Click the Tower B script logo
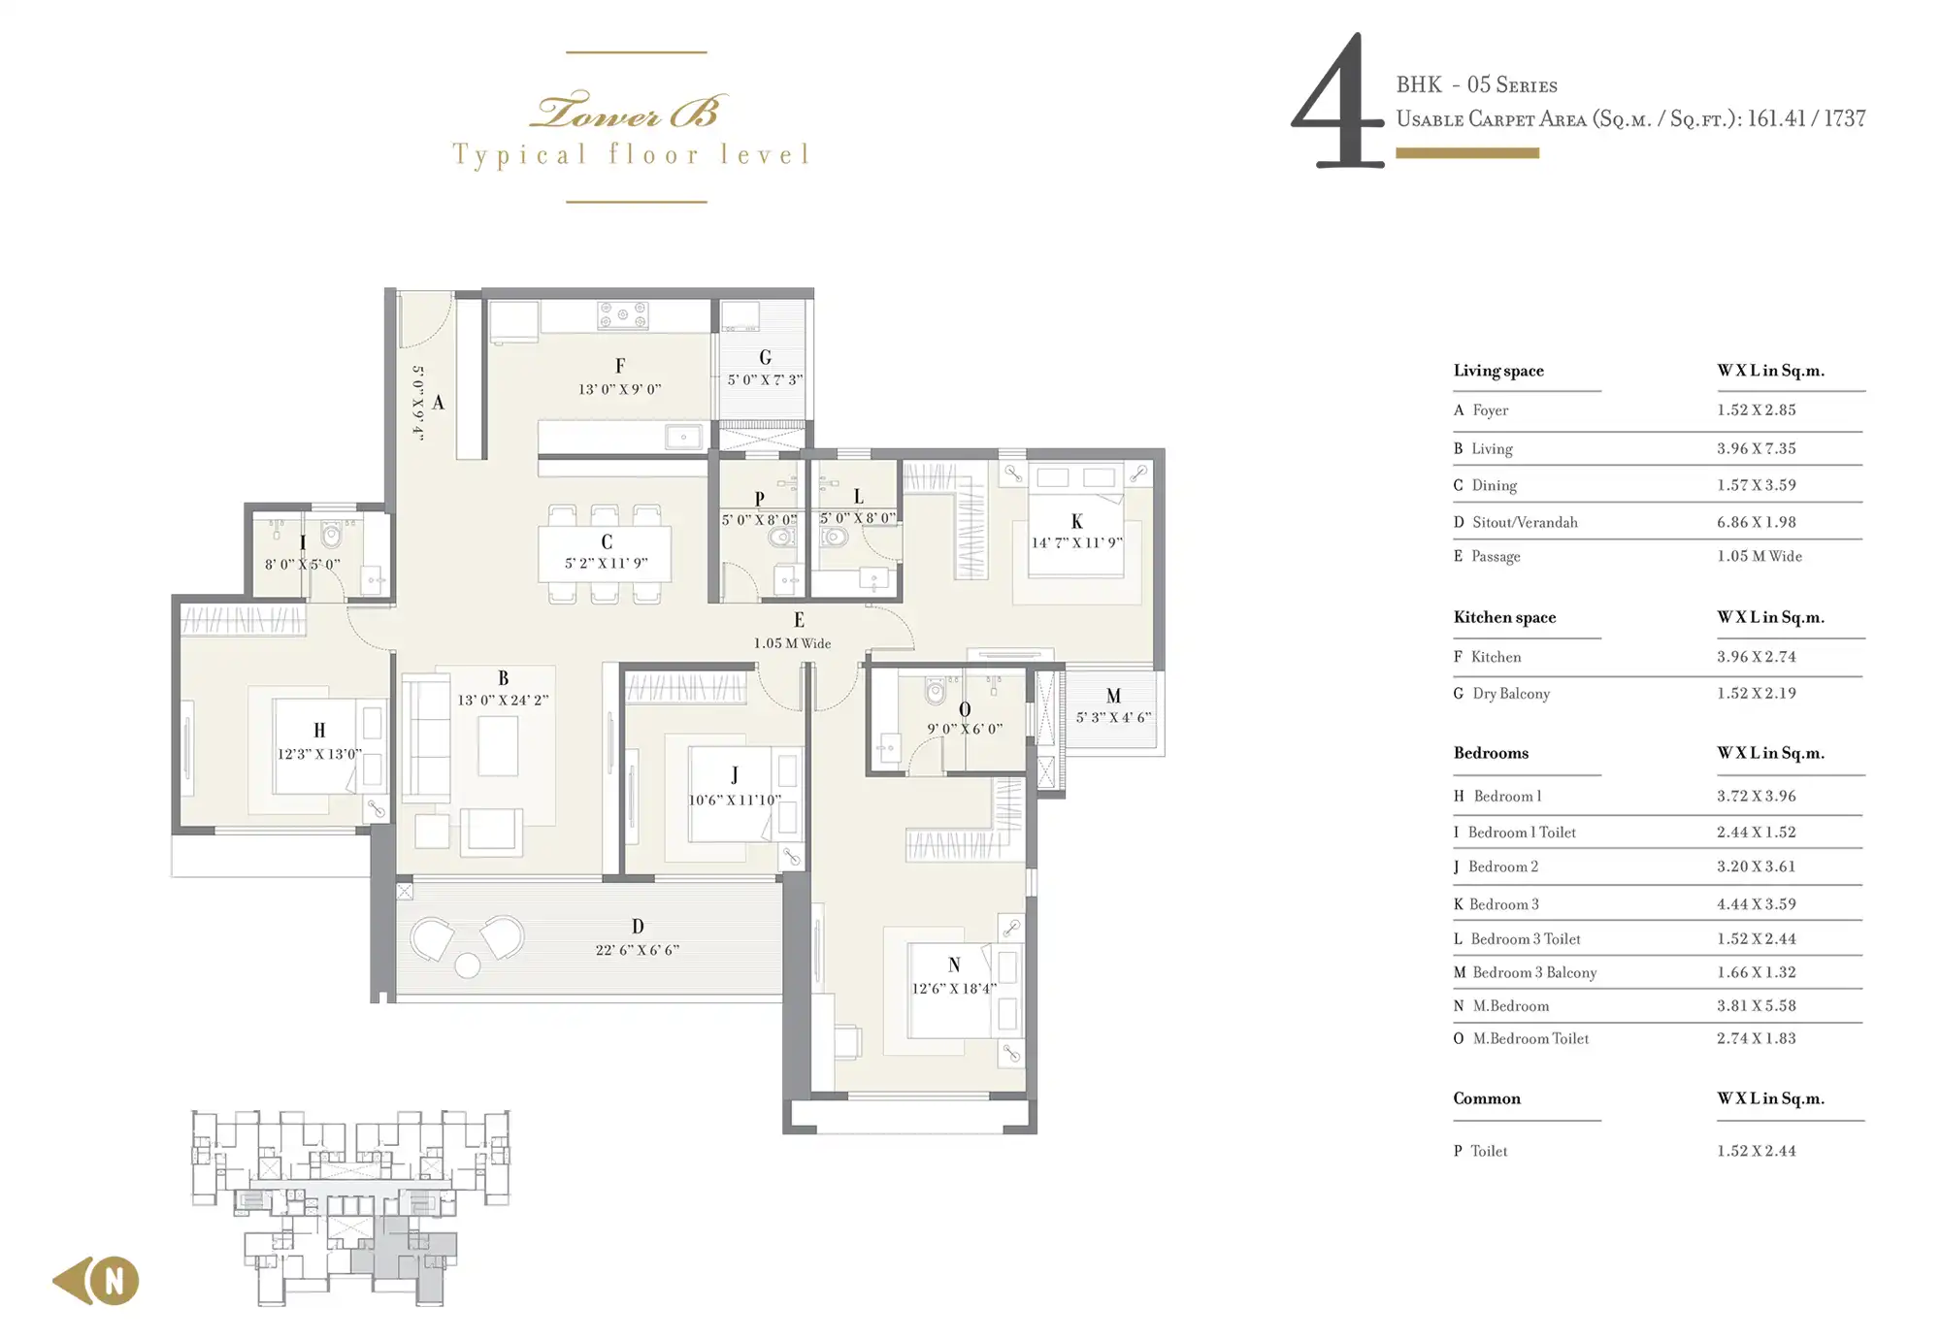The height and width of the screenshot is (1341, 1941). point(628,112)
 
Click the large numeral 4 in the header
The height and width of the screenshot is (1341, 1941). point(1337,102)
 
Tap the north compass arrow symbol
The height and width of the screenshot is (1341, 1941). point(96,1281)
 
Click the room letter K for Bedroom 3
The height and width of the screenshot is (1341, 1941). point(1076,522)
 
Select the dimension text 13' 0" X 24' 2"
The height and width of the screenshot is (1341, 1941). point(503,700)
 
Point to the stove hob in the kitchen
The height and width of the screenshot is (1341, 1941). point(623,315)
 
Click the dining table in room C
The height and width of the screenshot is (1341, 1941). point(605,554)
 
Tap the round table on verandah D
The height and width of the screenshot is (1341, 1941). point(468,965)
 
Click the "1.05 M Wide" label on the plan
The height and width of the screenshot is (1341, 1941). point(792,643)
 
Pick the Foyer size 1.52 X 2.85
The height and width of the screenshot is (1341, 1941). point(1756,409)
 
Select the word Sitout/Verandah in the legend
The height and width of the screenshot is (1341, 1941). point(1525,522)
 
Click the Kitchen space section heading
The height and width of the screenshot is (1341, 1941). point(1504,617)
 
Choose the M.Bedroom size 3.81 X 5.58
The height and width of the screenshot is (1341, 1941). point(1756,1005)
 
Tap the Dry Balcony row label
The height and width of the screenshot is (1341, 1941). point(1511,693)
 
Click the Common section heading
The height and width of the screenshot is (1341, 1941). point(1487,1098)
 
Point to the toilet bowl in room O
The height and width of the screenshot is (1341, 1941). point(935,690)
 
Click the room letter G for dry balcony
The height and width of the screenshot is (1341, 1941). point(766,358)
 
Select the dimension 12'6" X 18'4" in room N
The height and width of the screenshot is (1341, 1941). point(954,989)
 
